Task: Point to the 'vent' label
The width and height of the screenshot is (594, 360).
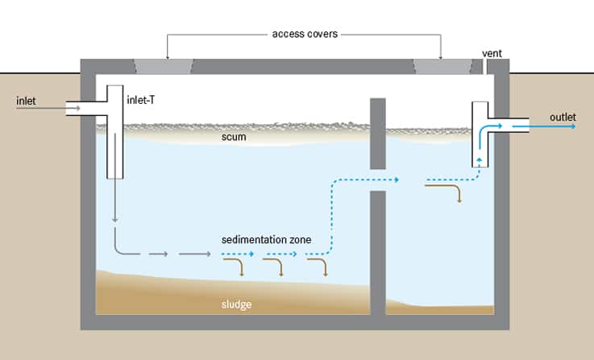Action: pyautogui.click(x=492, y=54)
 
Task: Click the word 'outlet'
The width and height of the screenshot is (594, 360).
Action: pyautogui.click(x=563, y=117)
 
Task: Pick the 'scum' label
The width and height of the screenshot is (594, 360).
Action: pyautogui.click(x=234, y=137)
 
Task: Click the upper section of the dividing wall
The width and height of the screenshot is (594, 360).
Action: pyautogui.click(x=377, y=133)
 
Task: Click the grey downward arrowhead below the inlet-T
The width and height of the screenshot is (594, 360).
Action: pyautogui.click(x=115, y=218)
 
